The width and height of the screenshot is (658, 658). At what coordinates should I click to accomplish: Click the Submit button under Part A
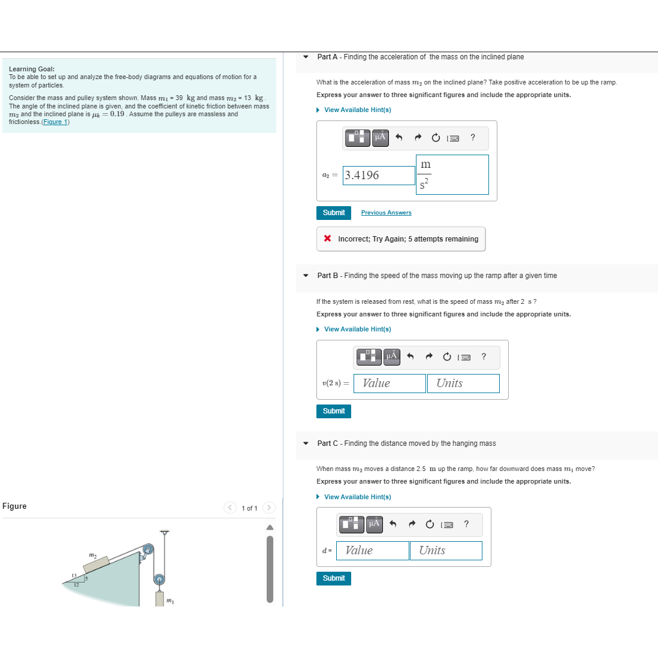point(333,213)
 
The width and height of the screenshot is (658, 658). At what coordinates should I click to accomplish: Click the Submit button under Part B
point(333,411)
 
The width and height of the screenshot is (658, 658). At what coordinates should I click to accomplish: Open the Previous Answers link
point(386,213)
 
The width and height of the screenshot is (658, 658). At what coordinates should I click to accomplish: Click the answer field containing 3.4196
point(379,176)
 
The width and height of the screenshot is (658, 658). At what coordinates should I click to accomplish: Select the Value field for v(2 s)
point(390,384)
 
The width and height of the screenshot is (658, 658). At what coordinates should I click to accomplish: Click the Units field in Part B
point(463,384)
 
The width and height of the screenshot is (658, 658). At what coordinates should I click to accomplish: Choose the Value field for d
point(372,551)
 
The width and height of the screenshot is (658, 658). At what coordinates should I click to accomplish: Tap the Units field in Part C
point(445,551)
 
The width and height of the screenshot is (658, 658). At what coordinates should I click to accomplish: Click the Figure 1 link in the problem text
point(56,122)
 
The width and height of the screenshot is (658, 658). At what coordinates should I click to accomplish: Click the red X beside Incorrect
point(327,239)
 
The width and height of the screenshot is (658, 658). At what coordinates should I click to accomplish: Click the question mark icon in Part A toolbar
point(473,138)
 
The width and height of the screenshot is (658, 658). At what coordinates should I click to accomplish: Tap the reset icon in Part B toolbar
point(447,357)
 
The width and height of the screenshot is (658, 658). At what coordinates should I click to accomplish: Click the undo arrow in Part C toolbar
point(393,524)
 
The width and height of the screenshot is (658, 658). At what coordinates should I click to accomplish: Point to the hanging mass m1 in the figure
point(159,599)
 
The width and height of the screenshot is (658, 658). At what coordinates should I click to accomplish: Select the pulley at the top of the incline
point(147,550)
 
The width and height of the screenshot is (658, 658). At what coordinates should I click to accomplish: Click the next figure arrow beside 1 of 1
point(269,508)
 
